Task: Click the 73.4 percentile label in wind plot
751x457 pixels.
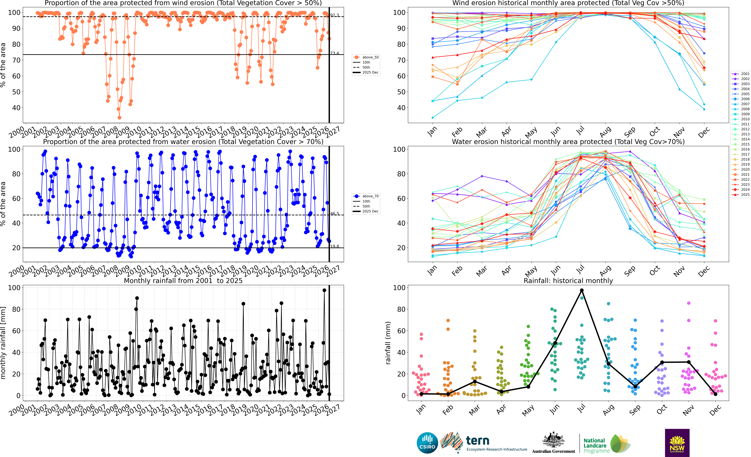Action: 334,53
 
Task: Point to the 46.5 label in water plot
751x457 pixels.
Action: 334,214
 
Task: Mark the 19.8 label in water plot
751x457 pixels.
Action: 334,246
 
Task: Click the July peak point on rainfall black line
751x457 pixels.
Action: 582,290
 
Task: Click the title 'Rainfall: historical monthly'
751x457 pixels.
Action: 568,281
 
